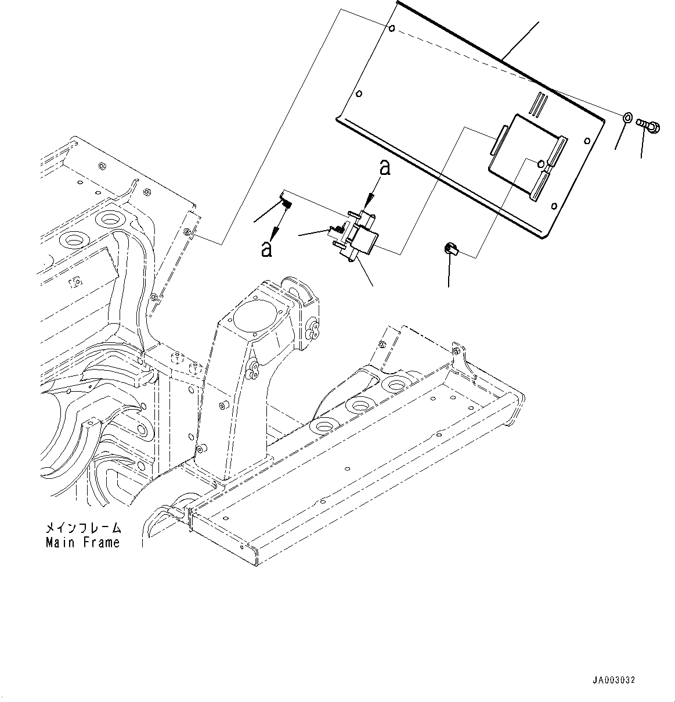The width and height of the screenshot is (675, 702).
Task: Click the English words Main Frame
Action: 82,543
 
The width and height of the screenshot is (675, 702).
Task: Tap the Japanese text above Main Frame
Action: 84,528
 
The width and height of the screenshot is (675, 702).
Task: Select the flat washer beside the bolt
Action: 627,119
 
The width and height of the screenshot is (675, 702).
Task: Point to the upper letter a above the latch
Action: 384,169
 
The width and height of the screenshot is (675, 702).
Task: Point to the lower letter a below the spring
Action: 266,248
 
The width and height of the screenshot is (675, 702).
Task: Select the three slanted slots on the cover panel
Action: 540,104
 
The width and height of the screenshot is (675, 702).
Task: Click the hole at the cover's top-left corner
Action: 393,29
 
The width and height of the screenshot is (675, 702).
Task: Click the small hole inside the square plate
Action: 542,163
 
